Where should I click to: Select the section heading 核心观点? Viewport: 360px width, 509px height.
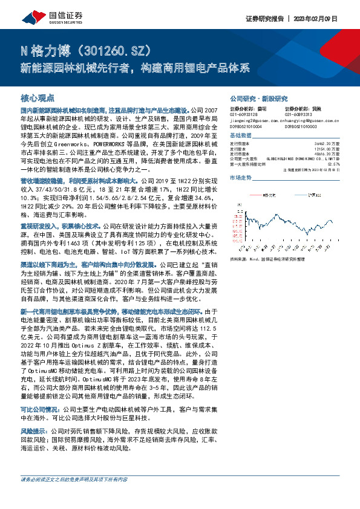pos(38,98)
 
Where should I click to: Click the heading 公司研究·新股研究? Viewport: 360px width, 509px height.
pos(260,98)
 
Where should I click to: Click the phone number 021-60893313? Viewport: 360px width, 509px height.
pos(298,114)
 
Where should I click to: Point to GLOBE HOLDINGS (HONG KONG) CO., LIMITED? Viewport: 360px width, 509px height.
pos(303,158)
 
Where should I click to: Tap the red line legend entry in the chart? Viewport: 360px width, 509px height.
pos(261,195)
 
